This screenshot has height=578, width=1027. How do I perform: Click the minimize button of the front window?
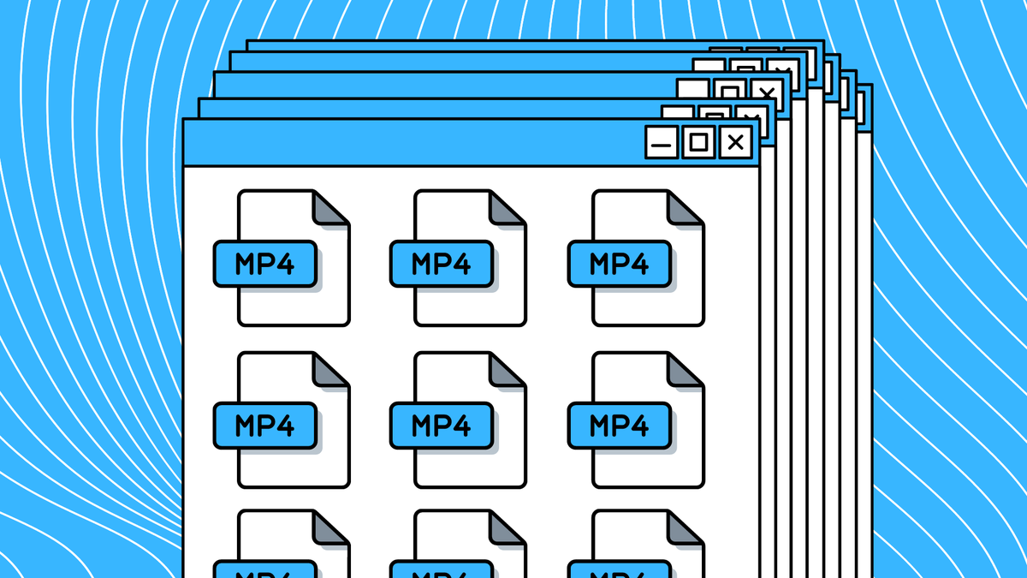coord(661,142)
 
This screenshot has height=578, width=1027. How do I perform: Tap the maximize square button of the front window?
coord(698,142)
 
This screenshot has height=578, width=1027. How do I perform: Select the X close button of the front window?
coord(735,142)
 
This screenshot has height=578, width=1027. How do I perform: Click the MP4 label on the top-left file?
coord(264,264)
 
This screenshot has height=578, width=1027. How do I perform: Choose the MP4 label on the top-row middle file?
coord(442,264)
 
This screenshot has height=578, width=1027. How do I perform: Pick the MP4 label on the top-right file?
coord(620,264)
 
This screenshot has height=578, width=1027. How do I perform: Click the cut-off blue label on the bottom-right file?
coord(620,570)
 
